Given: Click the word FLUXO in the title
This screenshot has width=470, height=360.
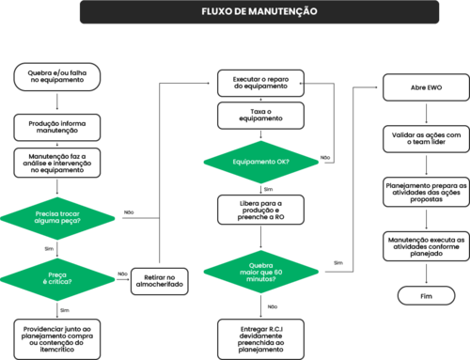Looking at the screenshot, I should pyautogui.click(x=215, y=11).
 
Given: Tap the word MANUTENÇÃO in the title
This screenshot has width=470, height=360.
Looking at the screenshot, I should pyautogui.click(x=285, y=11).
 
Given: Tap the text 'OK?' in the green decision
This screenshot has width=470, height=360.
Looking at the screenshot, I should pyautogui.click(x=283, y=162).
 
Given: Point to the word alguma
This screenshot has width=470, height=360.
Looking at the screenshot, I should pyautogui.click(x=48, y=222).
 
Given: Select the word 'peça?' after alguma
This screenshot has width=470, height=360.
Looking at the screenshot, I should pyautogui.click(x=70, y=222).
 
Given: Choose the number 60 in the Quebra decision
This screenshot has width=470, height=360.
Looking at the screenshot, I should pyautogui.click(x=278, y=273).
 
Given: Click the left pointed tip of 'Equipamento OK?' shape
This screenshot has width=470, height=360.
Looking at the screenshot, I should pyautogui.click(x=204, y=161).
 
